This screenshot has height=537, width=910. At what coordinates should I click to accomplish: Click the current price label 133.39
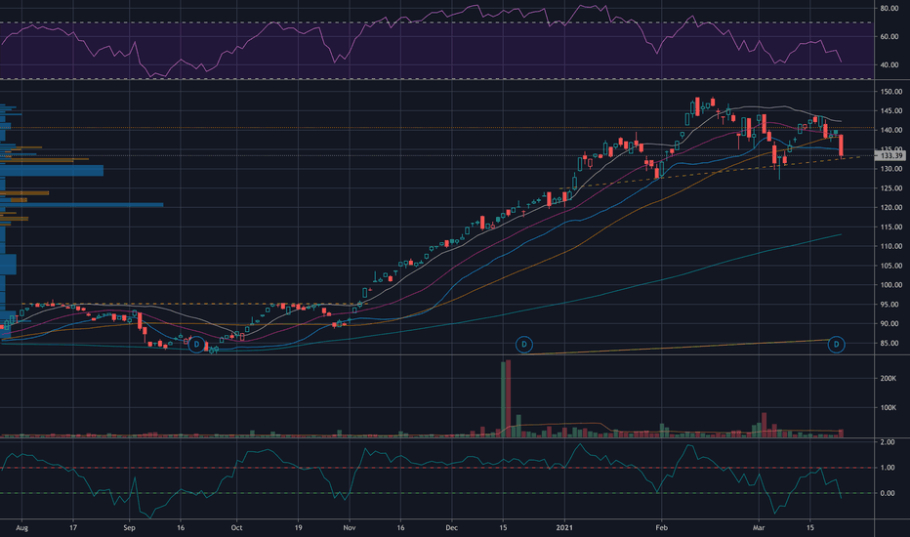890,155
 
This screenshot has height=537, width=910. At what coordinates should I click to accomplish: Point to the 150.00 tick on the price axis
890,92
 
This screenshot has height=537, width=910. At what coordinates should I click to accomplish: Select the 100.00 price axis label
890,285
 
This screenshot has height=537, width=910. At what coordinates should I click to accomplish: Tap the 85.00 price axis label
890,343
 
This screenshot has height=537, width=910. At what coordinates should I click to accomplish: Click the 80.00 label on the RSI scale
889,9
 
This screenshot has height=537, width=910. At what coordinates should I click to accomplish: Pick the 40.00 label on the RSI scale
889,65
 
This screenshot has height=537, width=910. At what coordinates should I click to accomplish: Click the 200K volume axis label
889,379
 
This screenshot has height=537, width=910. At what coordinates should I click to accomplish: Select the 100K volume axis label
889,408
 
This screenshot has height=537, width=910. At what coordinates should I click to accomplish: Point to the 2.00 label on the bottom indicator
888,442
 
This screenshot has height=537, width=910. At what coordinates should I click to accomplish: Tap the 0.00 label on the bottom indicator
888,493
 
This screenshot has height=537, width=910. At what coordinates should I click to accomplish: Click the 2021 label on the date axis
564,527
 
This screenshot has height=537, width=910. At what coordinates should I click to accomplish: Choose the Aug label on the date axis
22,527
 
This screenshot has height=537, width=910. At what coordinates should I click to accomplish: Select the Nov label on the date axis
350,527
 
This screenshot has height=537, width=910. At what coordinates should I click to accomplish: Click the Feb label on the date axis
662,527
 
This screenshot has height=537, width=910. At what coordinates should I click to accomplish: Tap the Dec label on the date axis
451,527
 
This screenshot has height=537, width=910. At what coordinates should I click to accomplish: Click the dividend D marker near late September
196,345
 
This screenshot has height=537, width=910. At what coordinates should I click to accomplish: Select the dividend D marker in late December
524,345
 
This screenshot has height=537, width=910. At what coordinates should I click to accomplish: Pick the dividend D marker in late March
837,345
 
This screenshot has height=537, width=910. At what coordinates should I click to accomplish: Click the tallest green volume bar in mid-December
503,399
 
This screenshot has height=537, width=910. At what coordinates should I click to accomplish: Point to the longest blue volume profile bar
82,205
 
